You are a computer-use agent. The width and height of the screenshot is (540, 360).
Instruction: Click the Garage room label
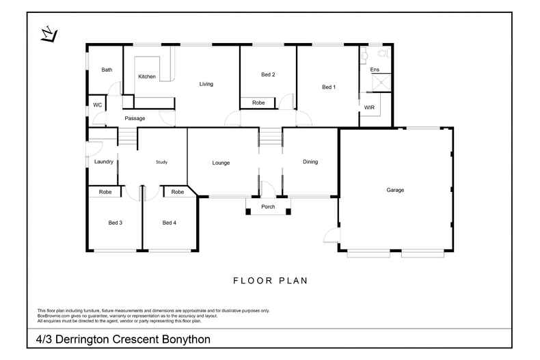pos(395,190)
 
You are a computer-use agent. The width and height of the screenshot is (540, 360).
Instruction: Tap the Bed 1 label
pos(329,87)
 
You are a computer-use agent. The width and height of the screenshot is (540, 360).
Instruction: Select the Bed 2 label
pos(268,74)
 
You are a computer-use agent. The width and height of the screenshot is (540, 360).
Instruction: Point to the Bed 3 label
pos(115,223)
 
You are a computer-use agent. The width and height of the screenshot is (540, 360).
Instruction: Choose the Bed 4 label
pos(170,223)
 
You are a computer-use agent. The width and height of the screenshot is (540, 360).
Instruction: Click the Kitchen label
pos(147,77)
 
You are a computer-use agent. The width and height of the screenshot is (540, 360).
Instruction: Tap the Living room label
pos(206,84)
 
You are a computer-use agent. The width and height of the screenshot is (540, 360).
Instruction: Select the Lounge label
pos(221,163)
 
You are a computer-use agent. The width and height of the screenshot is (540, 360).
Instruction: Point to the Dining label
pos(310,162)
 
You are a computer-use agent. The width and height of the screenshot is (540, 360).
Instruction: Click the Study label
pos(161,162)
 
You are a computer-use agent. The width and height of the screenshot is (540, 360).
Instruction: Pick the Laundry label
pos(104,162)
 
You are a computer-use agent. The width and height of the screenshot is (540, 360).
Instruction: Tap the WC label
pos(97,105)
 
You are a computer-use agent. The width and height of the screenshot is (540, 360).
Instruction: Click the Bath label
pos(107,70)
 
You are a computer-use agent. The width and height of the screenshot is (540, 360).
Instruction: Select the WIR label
pos(369,108)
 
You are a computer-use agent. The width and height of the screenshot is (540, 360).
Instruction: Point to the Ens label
pos(374,70)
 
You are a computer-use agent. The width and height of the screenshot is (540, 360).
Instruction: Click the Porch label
pos(269,207)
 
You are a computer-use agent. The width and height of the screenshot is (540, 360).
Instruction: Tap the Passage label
pos(135,119)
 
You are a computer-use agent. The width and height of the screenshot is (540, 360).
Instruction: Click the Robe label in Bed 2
pos(258,102)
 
